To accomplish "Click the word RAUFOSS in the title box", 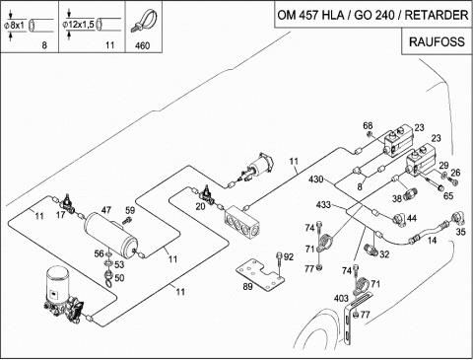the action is (x=437, y=42).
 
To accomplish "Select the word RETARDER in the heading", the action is (x=437, y=15).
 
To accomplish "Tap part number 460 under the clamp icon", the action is (x=143, y=45).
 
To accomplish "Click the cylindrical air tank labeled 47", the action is (x=111, y=236).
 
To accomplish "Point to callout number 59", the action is (x=130, y=210).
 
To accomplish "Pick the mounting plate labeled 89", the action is (x=260, y=274).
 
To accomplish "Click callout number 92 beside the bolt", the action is (x=289, y=256).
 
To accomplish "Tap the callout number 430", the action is (x=316, y=180).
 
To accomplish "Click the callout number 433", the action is (x=323, y=205).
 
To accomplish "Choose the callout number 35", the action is (x=460, y=232).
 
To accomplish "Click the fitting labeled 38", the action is (x=411, y=193).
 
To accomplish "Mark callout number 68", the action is (x=368, y=126).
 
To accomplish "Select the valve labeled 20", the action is (x=207, y=195).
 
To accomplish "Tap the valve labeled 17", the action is (x=68, y=204).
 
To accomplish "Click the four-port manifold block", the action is (x=242, y=222).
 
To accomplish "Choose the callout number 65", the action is (x=448, y=196).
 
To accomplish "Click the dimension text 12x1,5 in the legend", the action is (x=81, y=25).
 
